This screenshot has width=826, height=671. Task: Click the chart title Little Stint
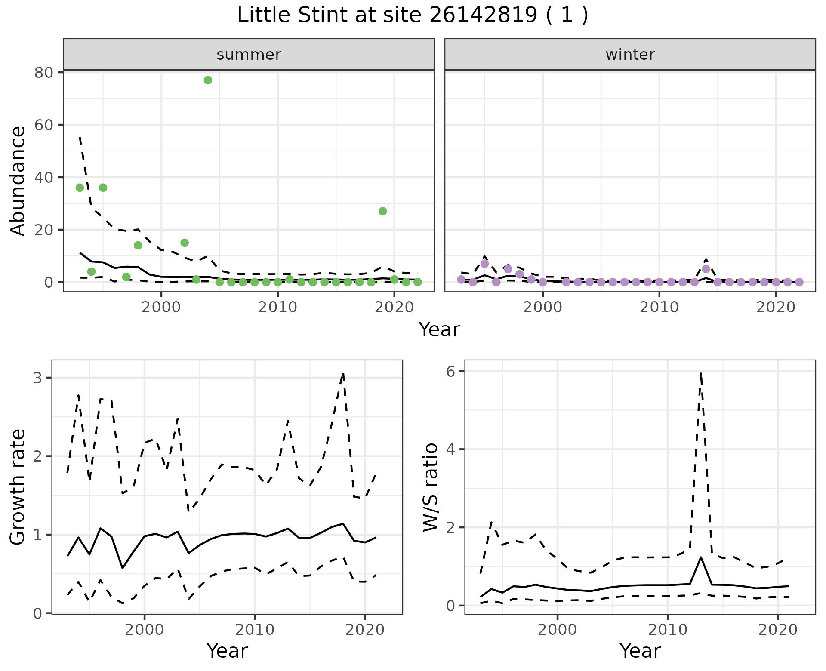pyautogui.click(x=412, y=15)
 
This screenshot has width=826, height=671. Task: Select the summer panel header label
pyautogui.click(x=249, y=55)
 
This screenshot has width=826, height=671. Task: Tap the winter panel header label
pyautogui.click(x=630, y=55)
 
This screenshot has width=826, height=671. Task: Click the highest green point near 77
pyautogui.click(x=208, y=80)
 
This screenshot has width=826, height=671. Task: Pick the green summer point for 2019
pyautogui.click(x=382, y=211)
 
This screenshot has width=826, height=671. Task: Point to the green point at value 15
pyautogui.click(x=185, y=243)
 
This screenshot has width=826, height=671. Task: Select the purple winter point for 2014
pyautogui.click(x=706, y=269)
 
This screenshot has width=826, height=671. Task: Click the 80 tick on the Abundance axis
pyautogui.click(x=43, y=72)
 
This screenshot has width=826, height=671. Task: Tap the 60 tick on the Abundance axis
pyautogui.click(x=43, y=125)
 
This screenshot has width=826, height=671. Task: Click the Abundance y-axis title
pyautogui.click(x=18, y=181)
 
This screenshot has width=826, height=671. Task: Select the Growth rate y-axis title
pyautogui.click(x=18, y=487)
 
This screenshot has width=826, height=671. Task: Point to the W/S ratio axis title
pyautogui.click(x=430, y=487)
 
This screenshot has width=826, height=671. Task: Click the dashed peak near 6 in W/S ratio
pyautogui.click(x=701, y=373)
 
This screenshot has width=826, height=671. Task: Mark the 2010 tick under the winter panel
pyautogui.click(x=659, y=307)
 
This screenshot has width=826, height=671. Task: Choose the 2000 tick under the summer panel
pyautogui.click(x=161, y=307)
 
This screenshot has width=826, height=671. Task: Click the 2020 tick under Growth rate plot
pyautogui.click(x=364, y=630)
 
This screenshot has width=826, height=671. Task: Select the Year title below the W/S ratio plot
pyautogui.click(x=640, y=651)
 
